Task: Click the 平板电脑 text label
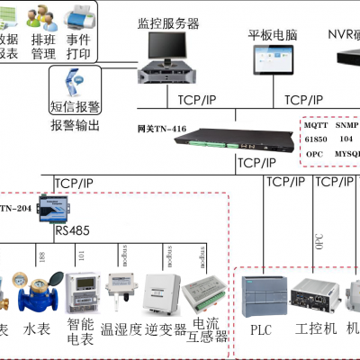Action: click(x=271, y=36)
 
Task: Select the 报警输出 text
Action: click(x=75, y=124)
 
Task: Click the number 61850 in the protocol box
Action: click(x=317, y=140)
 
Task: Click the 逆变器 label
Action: click(x=166, y=330)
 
